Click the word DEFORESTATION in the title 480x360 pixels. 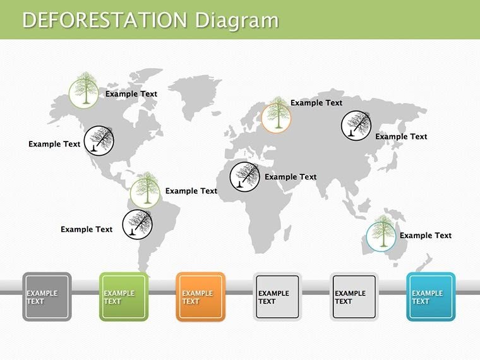[x=105, y=20]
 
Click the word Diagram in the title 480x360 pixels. [x=236, y=20]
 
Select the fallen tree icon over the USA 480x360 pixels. [x=100, y=140]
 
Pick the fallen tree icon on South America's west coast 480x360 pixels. [x=137, y=224]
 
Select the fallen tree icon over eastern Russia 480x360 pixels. [x=356, y=125]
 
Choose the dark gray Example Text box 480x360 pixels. [x=47, y=297]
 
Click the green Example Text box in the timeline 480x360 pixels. [x=124, y=297]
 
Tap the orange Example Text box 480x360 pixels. [x=201, y=297]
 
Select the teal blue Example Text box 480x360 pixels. [x=431, y=297]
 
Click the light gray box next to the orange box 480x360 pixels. [x=277, y=297]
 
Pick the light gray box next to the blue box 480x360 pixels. [x=354, y=297]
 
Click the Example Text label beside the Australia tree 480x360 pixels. [x=426, y=236]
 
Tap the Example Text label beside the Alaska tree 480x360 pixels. [x=131, y=94]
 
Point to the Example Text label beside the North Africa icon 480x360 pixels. [x=291, y=177]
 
